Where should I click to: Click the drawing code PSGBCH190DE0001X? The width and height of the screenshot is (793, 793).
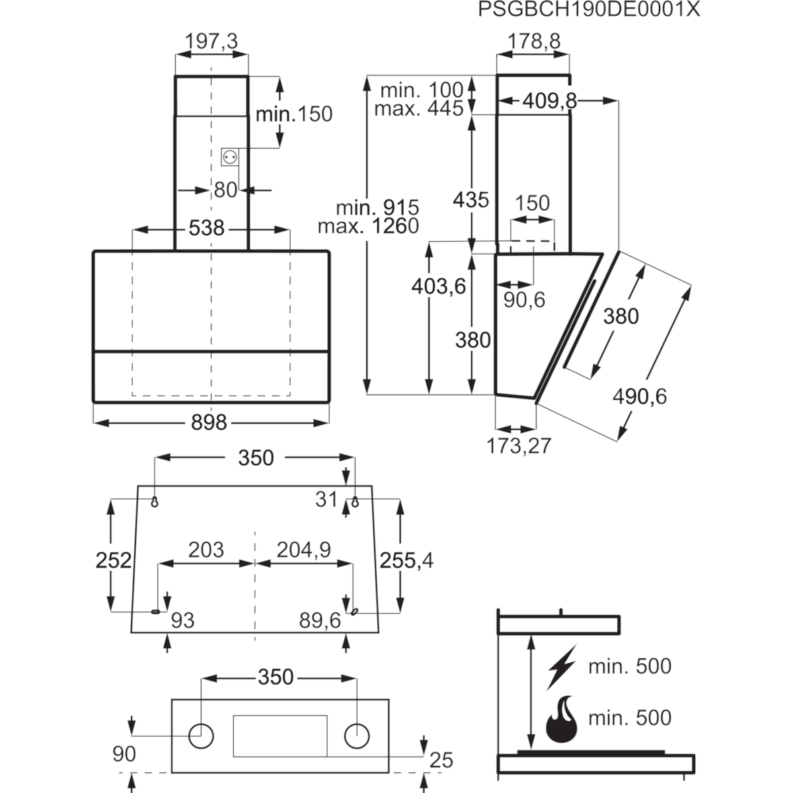tap(589, 9)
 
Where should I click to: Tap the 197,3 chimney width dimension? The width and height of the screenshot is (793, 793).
tap(211, 41)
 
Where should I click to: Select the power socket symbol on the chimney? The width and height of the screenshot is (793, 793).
tap(229, 157)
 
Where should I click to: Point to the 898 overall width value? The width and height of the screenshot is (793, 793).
tap(209, 422)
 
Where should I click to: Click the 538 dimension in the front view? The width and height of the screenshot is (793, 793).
tap(207, 227)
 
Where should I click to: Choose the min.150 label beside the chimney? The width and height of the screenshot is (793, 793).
tap(294, 114)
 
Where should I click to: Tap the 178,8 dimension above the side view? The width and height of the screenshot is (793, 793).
tap(534, 41)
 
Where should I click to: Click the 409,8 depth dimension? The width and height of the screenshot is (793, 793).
tap(549, 101)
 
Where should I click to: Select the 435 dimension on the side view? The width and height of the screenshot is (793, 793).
tap(471, 200)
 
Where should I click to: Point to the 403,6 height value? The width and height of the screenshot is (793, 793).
tap(439, 286)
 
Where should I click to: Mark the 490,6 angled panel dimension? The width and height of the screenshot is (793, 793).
tap(640, 397)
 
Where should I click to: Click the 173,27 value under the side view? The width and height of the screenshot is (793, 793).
tap(519, 445)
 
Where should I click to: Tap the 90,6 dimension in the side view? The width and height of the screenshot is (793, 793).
tap(524, 300)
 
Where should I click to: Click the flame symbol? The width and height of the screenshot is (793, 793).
tap(561, 720)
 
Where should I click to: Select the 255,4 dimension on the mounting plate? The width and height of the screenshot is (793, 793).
tap(406, 560)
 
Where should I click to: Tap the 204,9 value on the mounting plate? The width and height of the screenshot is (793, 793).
tap(304, 550)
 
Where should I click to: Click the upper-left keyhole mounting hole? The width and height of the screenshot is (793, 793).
tap(155, 502)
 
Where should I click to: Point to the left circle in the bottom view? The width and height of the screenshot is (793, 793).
tap(202, 736)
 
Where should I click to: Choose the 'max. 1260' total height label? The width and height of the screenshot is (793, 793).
tap(368, 226)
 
